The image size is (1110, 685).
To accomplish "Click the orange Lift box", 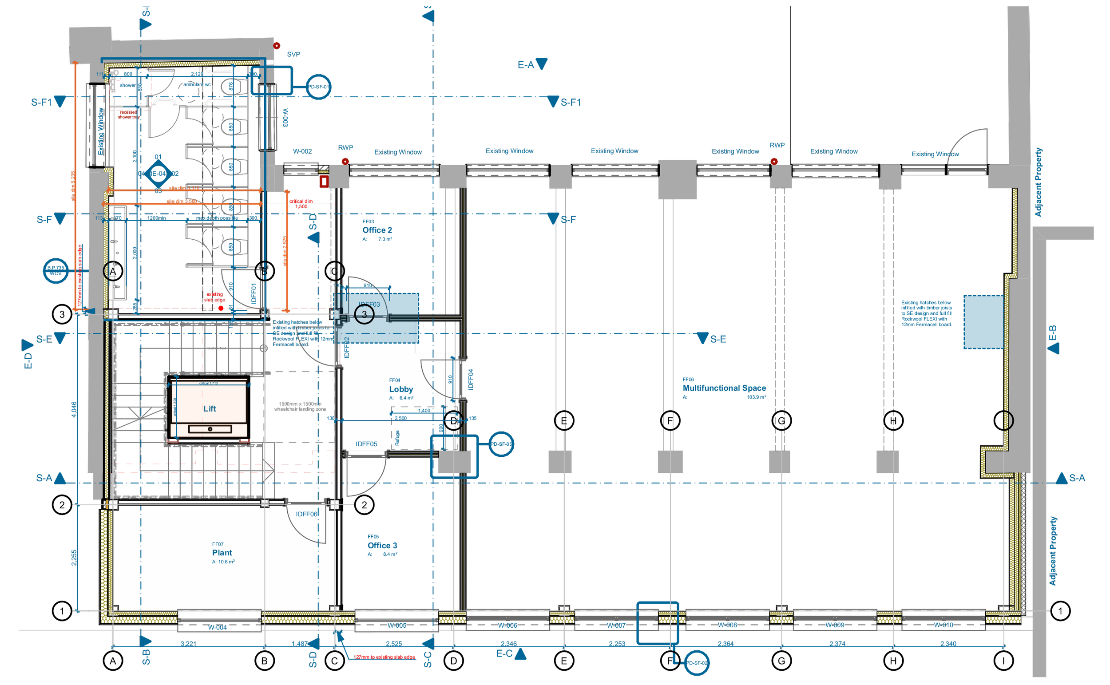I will click(209, 408).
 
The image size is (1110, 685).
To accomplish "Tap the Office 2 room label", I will click(377, 230).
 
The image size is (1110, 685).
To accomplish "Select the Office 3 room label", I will click(382, 546).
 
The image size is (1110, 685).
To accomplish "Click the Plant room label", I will click(222, 553).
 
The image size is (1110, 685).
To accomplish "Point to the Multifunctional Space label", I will click(724, 388).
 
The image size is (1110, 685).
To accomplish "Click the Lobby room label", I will click(400, 389).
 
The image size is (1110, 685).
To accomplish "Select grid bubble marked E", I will click(563, 421).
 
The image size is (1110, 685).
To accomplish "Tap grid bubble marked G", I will click(781, 421).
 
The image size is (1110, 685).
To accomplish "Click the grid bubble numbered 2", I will click(364, 505).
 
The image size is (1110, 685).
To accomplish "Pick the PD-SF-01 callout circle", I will click(318, 87).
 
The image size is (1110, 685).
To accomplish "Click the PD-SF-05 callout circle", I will click(501, 444).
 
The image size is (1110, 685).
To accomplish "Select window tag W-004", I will click(217, 627).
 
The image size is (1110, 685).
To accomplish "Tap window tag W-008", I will click(727, 625).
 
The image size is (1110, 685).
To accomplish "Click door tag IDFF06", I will click(307, 514).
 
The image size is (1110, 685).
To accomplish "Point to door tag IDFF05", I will click(366, 444).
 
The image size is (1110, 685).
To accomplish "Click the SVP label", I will click(293, 54).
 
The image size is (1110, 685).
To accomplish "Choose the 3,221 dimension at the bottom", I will click(188, 644).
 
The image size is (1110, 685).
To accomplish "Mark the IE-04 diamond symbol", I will click(158, 174).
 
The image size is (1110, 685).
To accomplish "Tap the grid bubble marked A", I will click(113, 271).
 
